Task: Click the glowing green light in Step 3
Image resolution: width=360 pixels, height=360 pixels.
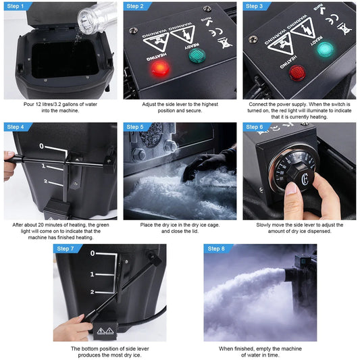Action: click(x=324, y=49)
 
